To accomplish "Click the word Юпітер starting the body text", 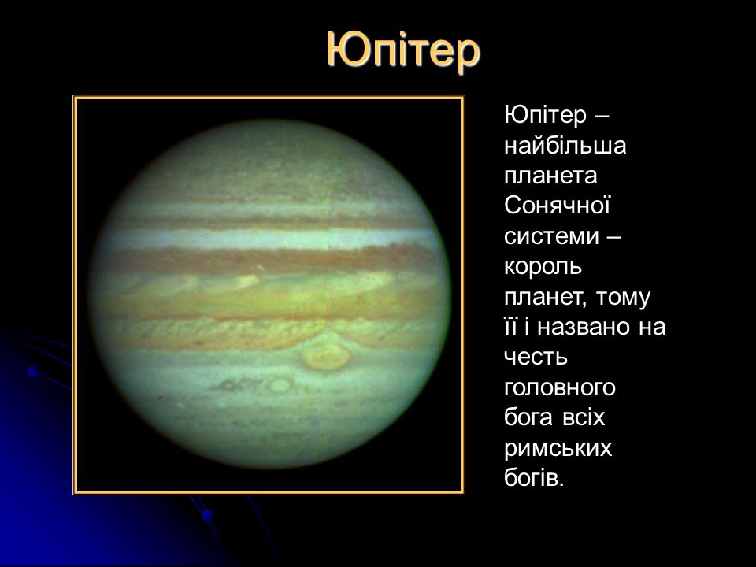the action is [545, 115].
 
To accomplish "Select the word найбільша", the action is [565, 145].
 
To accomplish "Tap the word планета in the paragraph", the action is [550, 176].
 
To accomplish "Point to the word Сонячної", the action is [558, 205].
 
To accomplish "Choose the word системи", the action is [551, 236].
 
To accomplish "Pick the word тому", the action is [624, 297].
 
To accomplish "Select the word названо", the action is [584, 327].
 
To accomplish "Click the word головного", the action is [560, 388].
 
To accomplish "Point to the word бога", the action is [528, 417].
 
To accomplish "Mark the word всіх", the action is [584, 417].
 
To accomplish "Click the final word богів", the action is [534, 478].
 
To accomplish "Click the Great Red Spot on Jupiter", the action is [326, 357].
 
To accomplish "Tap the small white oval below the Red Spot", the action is [280, 385].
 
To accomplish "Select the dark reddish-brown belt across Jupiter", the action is [270, 261].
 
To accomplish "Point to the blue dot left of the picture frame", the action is [33, 371].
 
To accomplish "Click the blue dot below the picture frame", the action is [207, 515].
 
